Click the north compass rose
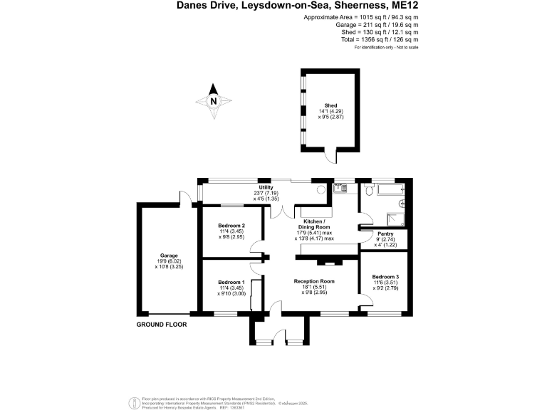214,100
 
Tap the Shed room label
330,105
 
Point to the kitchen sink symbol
341,189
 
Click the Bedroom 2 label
231,226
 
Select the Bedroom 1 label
231,282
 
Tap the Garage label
169,256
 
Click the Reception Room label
314,282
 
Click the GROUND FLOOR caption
162,324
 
